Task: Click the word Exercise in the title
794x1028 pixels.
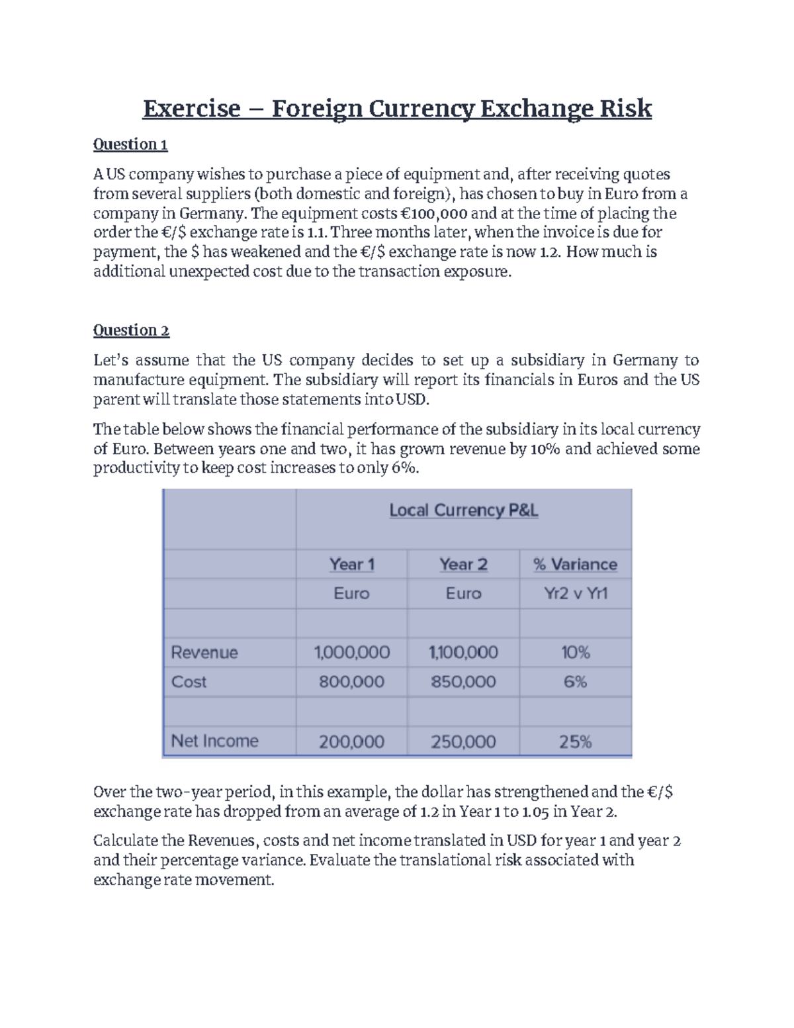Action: tap(191, 108)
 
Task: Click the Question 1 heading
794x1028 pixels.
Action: tap(130, 144)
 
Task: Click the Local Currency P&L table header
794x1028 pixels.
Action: tap(463, 510)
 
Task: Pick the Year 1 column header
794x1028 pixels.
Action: tap(351, 565)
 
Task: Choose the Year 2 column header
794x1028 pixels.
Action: tap(463, 565)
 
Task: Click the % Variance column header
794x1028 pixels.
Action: tap(575, 565)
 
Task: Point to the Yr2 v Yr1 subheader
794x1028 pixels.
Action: tap(575, 593)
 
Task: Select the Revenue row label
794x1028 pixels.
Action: tap(204, 653)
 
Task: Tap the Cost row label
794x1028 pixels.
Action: tap(189, 682)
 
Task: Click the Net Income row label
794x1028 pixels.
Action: tap(214, 741)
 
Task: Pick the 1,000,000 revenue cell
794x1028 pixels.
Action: tap(351, 653)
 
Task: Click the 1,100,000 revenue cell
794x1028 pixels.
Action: tap(463, 653)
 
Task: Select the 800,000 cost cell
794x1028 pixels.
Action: tap(351, 682)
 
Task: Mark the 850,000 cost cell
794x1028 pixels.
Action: tap(463, 682)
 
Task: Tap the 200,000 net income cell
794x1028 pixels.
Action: tap(351, 742)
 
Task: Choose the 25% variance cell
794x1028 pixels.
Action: tap(575, 742)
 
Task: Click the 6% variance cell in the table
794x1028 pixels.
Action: tap(575, 682)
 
